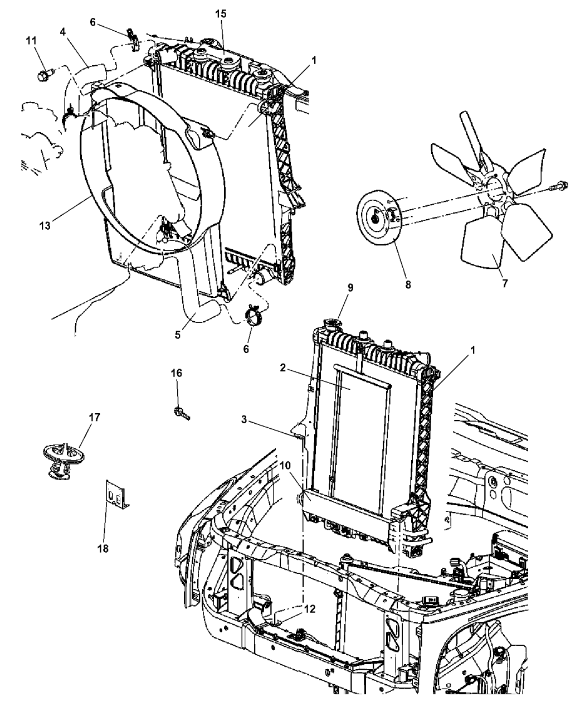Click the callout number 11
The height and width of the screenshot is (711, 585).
point(31,40)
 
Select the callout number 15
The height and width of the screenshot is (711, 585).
point(221,14)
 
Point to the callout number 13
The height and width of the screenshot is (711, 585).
point(45,225)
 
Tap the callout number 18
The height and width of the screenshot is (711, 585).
point(104,548)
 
